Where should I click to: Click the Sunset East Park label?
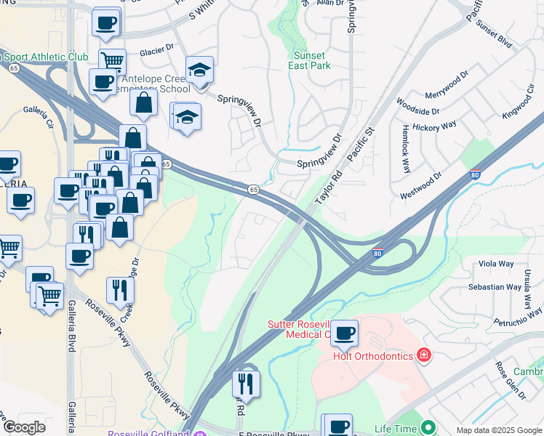(x=311, y=60)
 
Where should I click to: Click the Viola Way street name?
(x=495, y=265)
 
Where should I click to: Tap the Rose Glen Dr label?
(x=511, y=380)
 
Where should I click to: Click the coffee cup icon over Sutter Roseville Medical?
(x=344, y=334)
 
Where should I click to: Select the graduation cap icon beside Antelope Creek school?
(x=199, y=70)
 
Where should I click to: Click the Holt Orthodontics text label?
(x=372, y=356)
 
